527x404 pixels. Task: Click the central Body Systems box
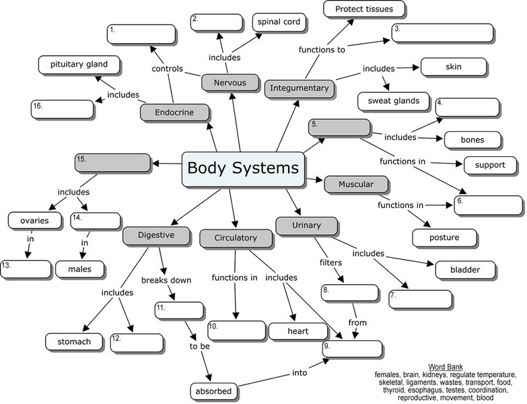(244, 169)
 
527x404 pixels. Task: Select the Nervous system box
(230, 83)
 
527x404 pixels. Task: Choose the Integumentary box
(300, 88)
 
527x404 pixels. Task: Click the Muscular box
(356, 184)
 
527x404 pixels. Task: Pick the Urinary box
(307, 225)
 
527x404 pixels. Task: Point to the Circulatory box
(236, 238)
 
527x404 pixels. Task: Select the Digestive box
(156, 235)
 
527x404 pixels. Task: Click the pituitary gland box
(79, 65)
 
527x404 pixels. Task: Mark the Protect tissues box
(363, 9)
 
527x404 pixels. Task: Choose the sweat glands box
(394, 102)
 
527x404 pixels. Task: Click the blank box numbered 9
(353, 348)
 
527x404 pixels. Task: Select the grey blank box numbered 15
(113, 162)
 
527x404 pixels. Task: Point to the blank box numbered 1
(142, 34)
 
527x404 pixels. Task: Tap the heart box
(297, 331)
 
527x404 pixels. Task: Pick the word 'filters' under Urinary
(331, 263)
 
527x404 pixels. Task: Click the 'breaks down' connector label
(166, 280)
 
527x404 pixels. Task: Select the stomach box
(73, 341)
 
